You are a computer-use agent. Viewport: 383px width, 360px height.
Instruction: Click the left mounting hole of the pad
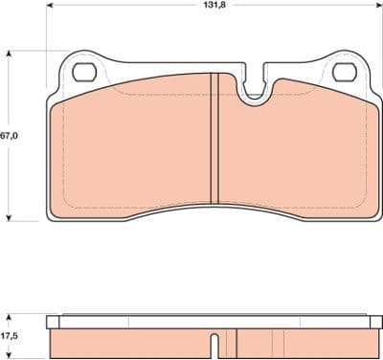pyautogui.click(x=84, y=72)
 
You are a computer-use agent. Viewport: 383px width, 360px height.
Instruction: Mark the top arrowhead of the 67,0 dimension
pyautogui.click(x=10, y=52)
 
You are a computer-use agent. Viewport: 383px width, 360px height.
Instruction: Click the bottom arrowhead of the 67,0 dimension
pyautogui.click(x=10, y=218)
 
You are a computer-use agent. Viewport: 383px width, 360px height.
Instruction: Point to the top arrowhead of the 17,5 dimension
pyautogui.click(x=10, y=313)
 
